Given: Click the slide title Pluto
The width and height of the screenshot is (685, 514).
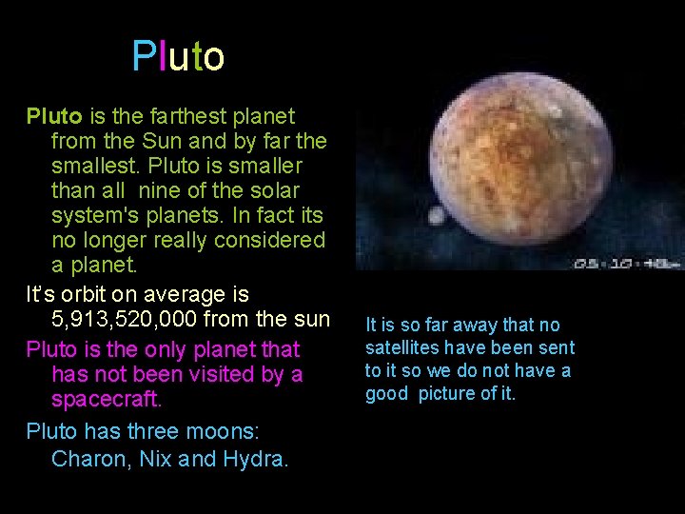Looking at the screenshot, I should pyautogui.click(x=178, y=57).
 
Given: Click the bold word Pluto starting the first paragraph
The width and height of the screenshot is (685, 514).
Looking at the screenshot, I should pyautogui.click(x=54, y=117).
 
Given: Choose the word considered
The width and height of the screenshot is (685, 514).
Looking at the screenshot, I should pyautogui.click(x=269, y=241).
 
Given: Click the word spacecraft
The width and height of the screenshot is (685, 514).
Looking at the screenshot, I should pyautogui.click(x=108, y=400).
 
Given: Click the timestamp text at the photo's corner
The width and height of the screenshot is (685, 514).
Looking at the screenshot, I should pyautogui.click(x=623, y=262).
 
